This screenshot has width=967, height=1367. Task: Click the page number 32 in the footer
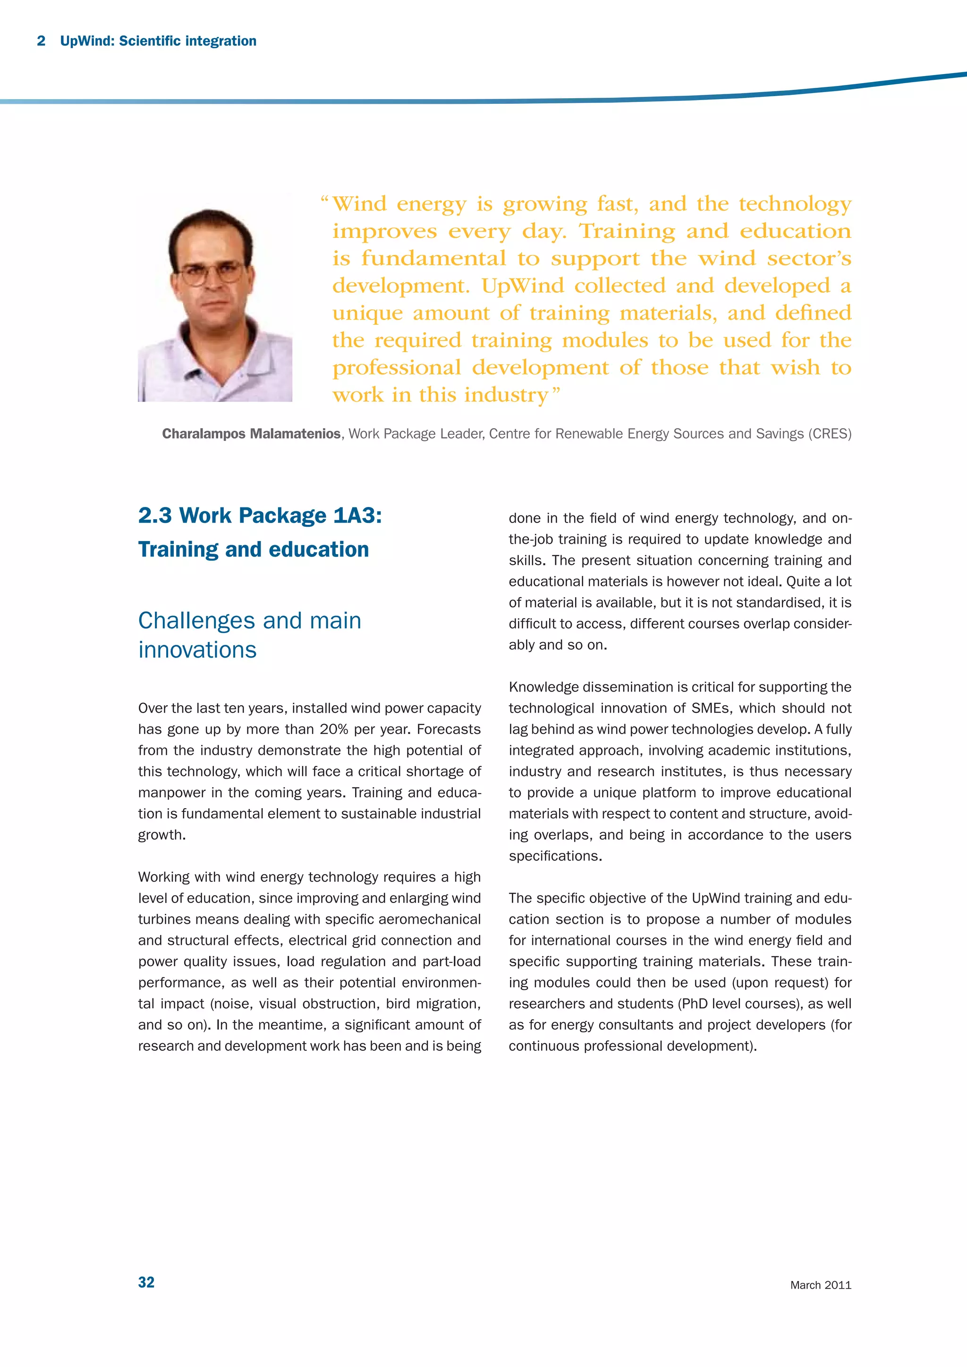click(x=146, y=1282)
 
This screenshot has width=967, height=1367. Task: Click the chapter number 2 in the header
click(x=41, y=41)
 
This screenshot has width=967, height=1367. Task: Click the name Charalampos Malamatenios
click(x=251, y=433)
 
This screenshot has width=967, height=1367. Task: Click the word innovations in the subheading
click(x=197, y=650)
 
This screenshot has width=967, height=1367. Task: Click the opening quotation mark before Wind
click(x=324, y=200)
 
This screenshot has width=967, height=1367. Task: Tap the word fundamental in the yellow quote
click(x=433, y=258)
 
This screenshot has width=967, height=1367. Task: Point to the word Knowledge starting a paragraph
click(x=543, y=687)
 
